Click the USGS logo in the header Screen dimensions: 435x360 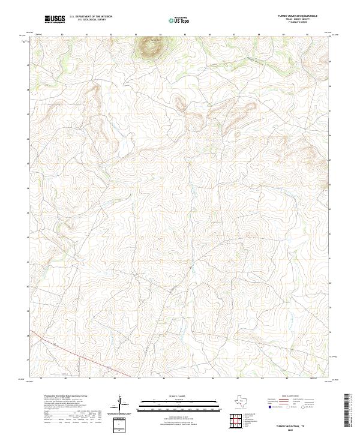pyautogui.click(x=55, y=20)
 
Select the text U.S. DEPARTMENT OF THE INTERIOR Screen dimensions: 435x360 pyautogui.click(x=91, y=17)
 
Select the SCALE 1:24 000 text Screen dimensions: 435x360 pyautogui.click(x=180, y=396)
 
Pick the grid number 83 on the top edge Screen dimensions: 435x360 pyautogui.click(x=136, y=35)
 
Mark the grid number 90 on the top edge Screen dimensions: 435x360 pyautogui.click(x=307, y=35)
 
